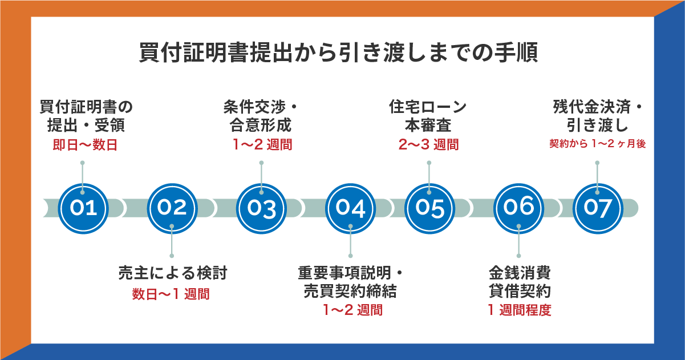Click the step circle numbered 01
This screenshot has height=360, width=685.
[x=84, y=208]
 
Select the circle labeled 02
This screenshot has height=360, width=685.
[x=172, y=208]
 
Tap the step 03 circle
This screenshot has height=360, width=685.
[x=262, y=208]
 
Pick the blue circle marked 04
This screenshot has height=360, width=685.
[x=350, y=208]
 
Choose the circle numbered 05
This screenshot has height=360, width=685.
[x=429, y=208]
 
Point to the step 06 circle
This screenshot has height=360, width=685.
[x=518, y=208]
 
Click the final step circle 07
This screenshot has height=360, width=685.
[x=597, y=208]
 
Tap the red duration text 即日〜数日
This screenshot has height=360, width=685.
[x=85, y=145]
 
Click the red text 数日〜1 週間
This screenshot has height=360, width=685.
[x=171, y=294]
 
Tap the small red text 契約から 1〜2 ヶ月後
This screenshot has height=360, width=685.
[x=597, y=144]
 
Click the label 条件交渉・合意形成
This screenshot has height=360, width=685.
[x=261, y=116]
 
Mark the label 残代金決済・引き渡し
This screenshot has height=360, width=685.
[x=597, y=116]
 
